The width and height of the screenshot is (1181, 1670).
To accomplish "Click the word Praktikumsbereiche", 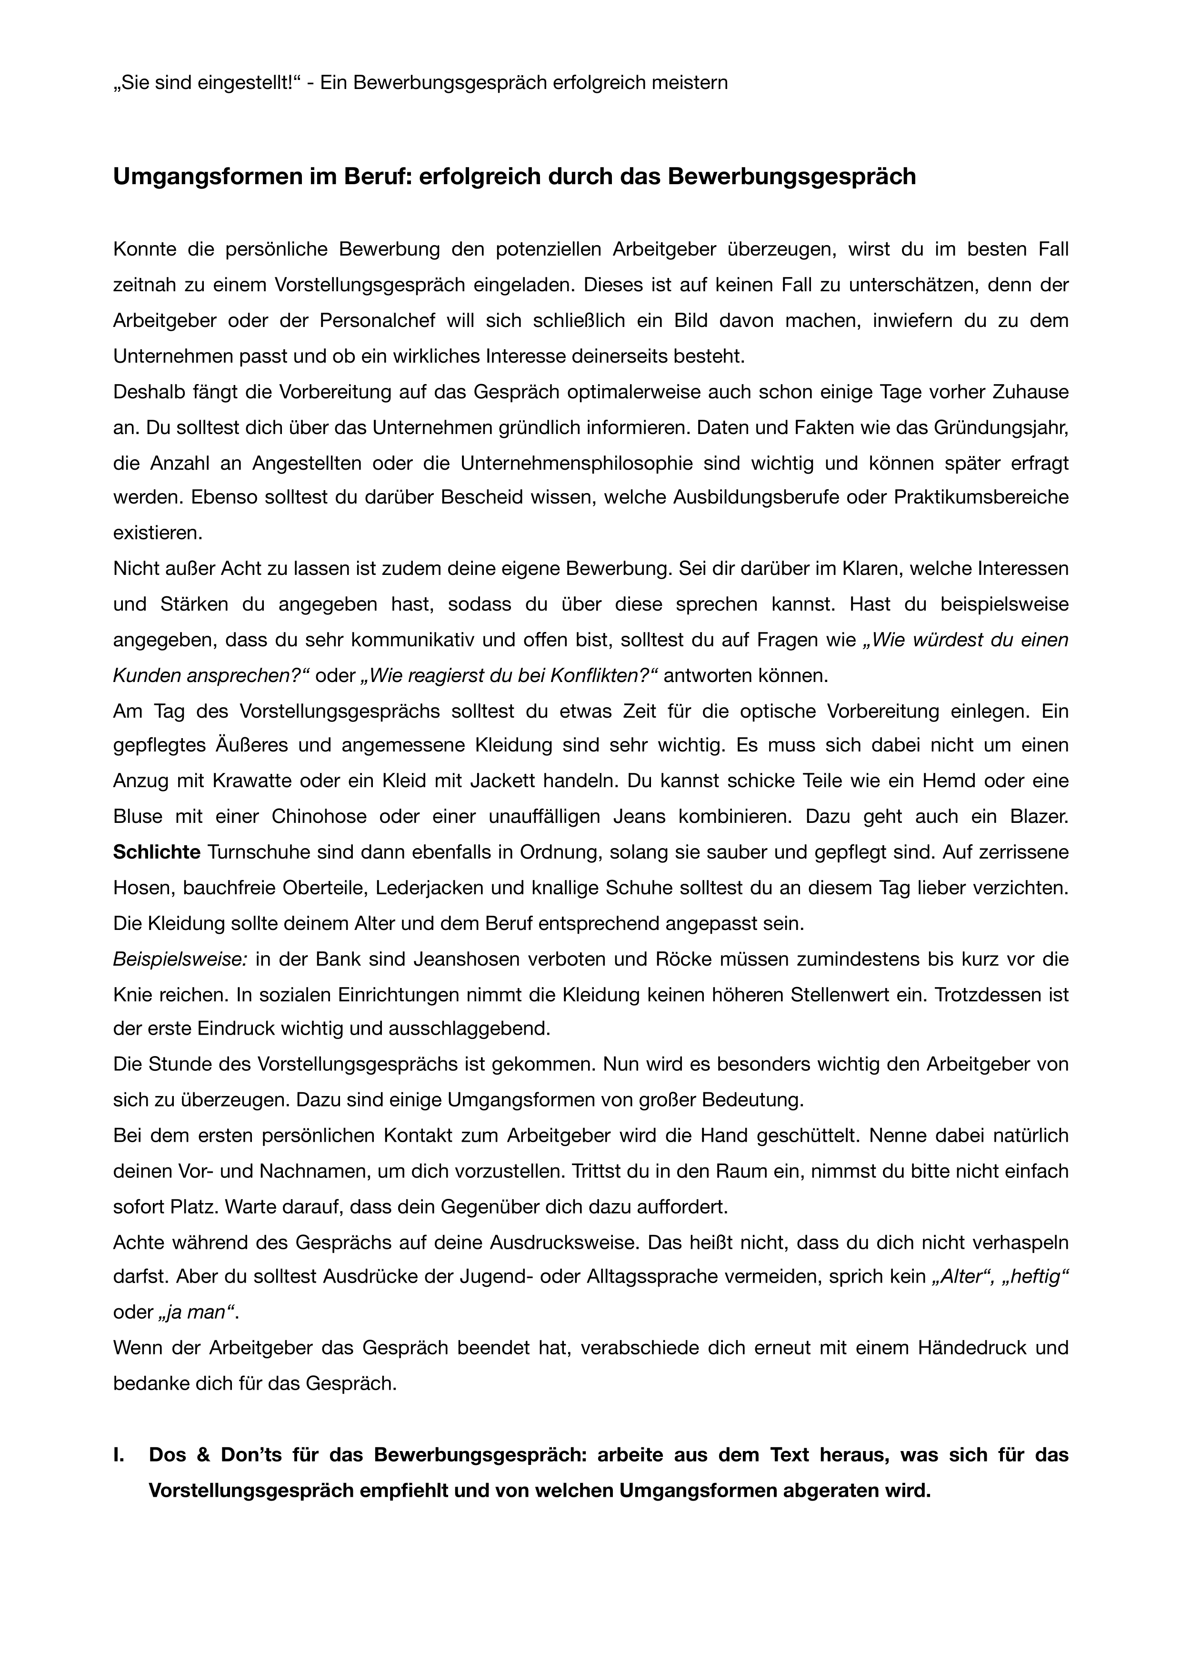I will click(981, 498).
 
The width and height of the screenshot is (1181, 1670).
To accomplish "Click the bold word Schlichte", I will click(157, 852).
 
